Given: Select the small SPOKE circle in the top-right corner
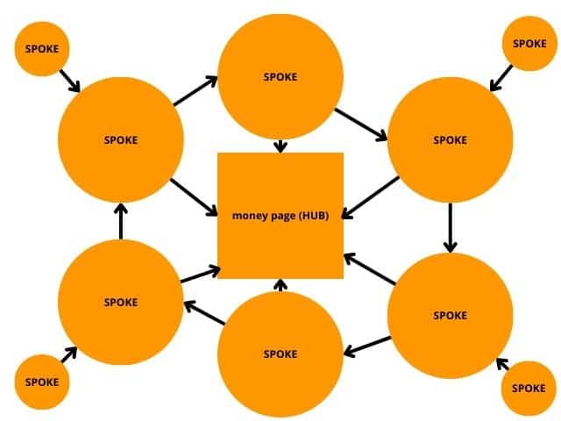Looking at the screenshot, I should click(x=529, y=43).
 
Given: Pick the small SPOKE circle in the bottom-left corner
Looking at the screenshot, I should click(x=41, y=382).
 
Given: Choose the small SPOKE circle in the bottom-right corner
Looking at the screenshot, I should click(x=529, y=388).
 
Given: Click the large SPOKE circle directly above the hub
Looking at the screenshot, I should click(x=280, y=76).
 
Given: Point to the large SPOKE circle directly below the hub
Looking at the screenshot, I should click(x=280, y=353).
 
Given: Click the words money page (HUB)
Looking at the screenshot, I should click(x=280, y=215).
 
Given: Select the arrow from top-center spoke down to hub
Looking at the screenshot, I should click(x=280, y=145).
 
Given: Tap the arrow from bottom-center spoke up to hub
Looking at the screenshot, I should click(x=280, y=285).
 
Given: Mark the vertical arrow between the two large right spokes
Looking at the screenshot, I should click(x=450, y=227).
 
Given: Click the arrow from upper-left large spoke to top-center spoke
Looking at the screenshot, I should click(x=196, y=90).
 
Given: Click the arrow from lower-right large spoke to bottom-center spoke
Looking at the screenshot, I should click(x=367, y=346).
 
